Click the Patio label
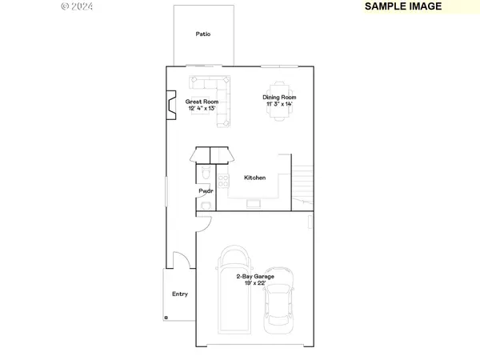point(203,34)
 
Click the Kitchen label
point(254,178)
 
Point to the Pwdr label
point(206,192)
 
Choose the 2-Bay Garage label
point(254,276)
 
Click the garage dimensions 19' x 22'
point(254,282)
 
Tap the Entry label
point(180,294)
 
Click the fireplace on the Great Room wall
point(171,106)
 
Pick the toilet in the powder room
point(205,174)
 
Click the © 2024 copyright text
point(77,6)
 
